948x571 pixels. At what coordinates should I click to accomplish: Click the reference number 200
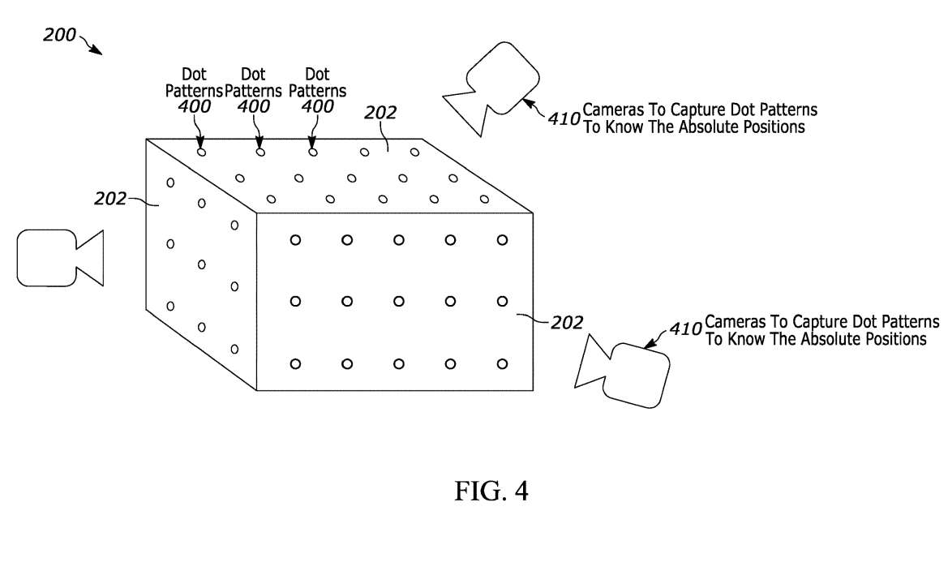[x=59, y=35]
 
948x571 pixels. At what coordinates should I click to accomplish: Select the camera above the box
[x=494, y=89]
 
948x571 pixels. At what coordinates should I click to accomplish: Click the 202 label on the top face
[x=380, y=114]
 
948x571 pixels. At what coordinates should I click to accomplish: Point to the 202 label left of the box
[x=110, y=198]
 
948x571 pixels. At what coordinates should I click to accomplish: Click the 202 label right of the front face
[x=566, y=323]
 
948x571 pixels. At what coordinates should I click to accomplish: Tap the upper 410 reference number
[x=564, y=118]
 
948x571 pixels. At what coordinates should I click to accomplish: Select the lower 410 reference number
[x=686, y=330]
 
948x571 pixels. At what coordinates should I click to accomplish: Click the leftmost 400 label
[x=194, y=106]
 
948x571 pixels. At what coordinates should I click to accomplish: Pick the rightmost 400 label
[x=317, y=106]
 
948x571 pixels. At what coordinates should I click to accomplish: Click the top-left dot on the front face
[x=295, y=239]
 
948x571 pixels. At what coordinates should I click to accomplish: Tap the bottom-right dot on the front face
[x=502, y=363]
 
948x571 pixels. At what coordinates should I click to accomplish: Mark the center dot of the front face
[x=399, y=301]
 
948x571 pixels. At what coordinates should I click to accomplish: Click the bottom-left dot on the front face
[x=295, y=363]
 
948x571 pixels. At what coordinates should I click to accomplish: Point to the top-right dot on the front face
[x=502, y=239]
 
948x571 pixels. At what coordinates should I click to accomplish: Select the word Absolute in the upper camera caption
[x=693, y=127]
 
